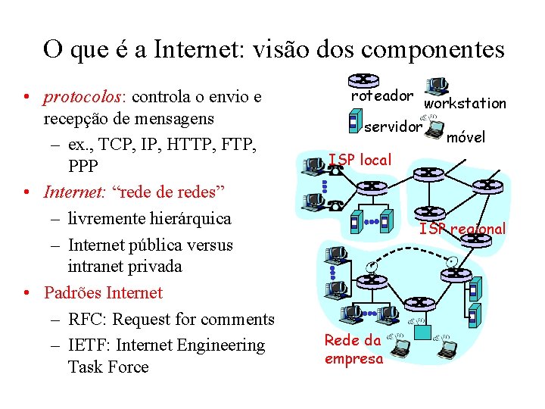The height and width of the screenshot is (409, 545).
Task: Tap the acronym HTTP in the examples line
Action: [186, 144]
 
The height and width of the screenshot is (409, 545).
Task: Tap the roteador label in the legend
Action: [381, 96]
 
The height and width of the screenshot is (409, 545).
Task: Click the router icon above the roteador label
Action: [364, 80]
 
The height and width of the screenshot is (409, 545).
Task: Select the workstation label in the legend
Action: [465, 103]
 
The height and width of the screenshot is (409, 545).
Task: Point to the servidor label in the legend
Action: [392, 126]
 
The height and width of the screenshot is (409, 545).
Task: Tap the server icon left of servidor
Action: [353, 120]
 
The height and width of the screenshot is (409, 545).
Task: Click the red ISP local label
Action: [360, 160]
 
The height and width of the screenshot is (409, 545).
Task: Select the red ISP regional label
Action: [462, 229]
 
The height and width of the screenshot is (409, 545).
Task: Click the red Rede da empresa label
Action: [353, 349]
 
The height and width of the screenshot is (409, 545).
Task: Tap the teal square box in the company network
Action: [422, 331]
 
